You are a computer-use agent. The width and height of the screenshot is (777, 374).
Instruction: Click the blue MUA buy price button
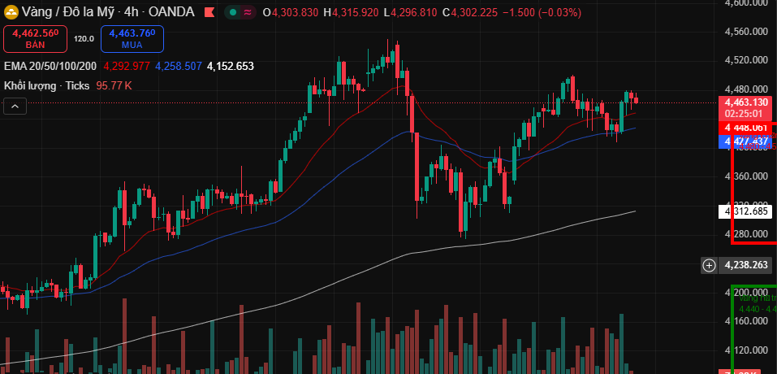coord(132,38)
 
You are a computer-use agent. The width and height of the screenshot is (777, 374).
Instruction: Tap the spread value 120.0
coord(84,38)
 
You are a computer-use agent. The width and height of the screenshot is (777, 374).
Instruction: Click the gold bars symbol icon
coord(11,12)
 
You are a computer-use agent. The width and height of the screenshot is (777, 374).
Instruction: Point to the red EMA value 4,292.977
coord(127,66)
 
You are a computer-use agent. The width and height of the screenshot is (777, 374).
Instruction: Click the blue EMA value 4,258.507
coord(178,66)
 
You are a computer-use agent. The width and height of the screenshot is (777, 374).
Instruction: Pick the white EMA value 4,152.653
coord(231,66)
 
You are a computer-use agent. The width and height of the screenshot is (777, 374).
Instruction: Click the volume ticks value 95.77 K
coord(114,85)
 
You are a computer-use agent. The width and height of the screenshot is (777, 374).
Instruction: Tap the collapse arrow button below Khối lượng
coord(15,105)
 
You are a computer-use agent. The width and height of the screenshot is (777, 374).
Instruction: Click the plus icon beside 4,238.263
coord(709,264)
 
